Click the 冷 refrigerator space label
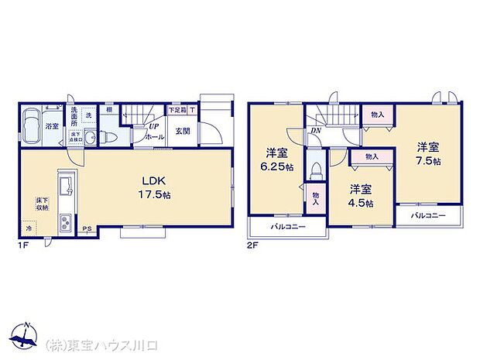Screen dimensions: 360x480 [x=28, y=229]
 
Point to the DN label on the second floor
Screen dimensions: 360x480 [x=317, y=131]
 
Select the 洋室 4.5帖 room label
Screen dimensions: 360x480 [x=360, y=195]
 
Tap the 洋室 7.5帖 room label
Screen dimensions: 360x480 [x=430, y=153]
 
